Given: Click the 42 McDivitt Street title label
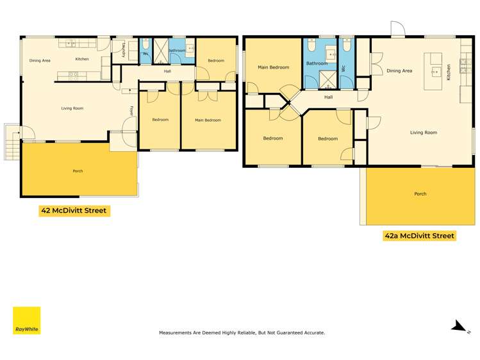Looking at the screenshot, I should (x=74, y=210).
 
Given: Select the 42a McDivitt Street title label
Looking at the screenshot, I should (x=419, y=236).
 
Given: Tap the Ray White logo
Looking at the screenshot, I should (x=26, y=320).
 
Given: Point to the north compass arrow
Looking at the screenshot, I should (x=459, y=327).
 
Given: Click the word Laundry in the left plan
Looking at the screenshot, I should (x=124, y=49).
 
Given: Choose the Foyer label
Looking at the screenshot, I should (x=131, y=111).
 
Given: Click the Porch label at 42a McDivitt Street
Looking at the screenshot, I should (x=420, y=193).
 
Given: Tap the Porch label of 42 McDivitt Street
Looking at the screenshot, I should (x=78, y=171).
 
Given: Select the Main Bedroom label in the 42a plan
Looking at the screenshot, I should (x=273, y=67).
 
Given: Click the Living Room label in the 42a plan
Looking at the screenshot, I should (x=424, y=133).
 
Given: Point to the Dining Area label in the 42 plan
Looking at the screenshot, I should (x=40, y=60).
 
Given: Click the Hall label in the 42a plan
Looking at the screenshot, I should (x=328, y=97).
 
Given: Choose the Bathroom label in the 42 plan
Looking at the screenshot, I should (x=177, y=50).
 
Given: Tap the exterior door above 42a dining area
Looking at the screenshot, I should (x=397, y=29).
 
